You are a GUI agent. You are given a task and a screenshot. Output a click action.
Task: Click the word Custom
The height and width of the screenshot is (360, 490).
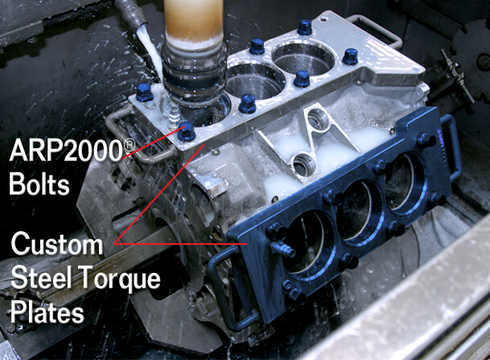point(57,243)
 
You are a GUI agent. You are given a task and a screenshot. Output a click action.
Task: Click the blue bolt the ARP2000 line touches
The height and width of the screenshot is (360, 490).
point(186,131)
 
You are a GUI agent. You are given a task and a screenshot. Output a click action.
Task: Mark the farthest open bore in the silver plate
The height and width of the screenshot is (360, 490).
point(303,58)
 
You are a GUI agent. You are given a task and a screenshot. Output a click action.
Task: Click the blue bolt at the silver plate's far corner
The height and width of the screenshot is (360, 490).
point(304,27)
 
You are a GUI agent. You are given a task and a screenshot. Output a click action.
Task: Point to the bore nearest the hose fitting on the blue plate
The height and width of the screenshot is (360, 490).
point(304,242)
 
